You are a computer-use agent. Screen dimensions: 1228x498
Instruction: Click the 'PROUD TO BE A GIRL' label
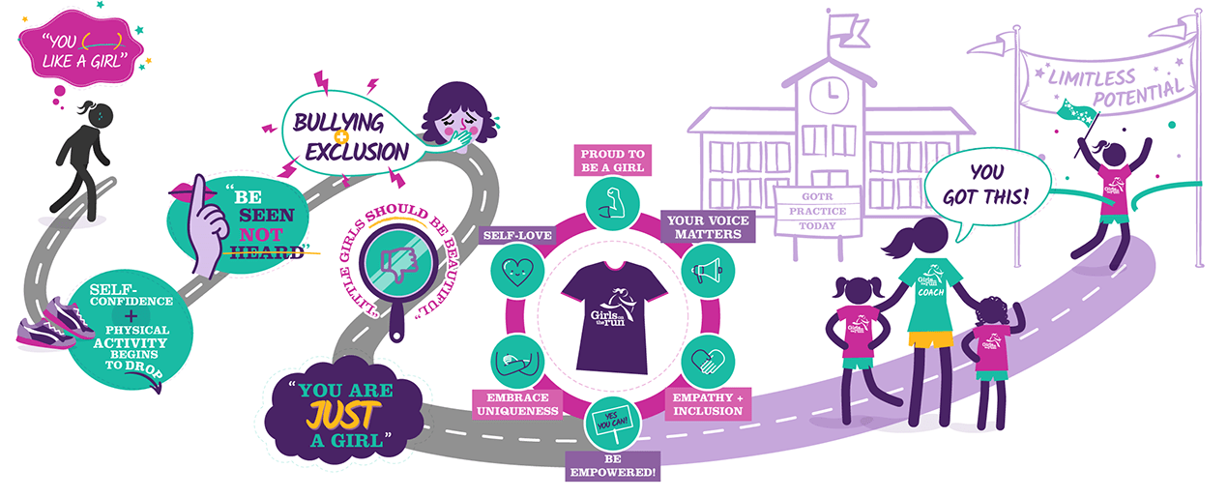pos(612,161)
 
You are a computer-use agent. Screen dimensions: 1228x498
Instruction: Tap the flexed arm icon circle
pos(612,203)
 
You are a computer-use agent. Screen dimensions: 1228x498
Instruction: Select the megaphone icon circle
pos(708,271)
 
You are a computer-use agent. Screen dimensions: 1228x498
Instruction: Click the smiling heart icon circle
pos(517,271)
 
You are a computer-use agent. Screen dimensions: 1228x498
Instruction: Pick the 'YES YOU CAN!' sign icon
pos(612,424)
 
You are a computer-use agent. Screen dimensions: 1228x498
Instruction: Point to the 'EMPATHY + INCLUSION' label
pos(708,404)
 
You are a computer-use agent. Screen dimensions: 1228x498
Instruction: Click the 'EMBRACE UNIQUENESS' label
pos(517,404)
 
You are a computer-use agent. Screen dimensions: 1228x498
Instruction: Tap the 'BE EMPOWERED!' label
pos(612,466)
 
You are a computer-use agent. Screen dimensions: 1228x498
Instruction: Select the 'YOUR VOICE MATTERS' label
pos(708,226)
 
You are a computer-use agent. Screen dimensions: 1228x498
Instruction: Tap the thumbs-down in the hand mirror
pos(399,264)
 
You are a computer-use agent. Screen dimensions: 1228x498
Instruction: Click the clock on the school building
pos(829,96)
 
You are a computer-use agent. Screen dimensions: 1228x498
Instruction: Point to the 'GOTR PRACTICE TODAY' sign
pos(817,211)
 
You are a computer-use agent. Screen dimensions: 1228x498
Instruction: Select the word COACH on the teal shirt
pos(931,292)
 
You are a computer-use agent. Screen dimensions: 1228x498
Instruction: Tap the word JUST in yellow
pos(342,415)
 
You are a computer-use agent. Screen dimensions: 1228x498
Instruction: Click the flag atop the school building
pos(848,31)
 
